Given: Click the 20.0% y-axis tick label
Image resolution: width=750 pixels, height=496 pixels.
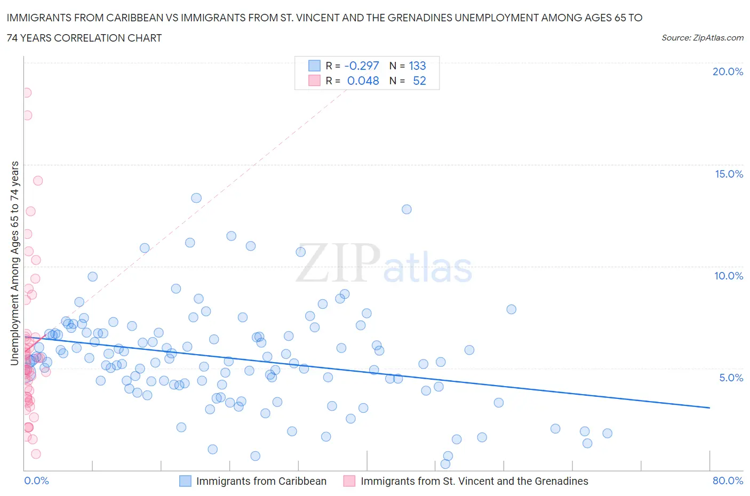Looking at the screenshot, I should (728, 71).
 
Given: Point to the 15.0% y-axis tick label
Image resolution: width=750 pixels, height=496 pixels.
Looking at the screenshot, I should (729, 174).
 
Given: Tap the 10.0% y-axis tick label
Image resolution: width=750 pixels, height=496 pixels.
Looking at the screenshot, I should (729, 276).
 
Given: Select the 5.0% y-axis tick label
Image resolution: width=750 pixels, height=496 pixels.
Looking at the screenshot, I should (731, 378).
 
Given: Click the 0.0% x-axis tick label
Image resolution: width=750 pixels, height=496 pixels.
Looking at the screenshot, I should (36, 481).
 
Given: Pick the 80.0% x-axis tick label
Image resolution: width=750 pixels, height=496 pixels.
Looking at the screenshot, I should (728, 481).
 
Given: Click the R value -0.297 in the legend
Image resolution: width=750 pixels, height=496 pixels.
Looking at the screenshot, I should (362, 66).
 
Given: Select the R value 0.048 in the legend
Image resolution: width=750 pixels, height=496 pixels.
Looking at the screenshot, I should (363, 81).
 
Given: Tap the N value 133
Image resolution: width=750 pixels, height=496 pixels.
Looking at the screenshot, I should (417, 66).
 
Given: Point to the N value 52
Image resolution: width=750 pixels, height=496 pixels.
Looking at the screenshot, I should (419, 81).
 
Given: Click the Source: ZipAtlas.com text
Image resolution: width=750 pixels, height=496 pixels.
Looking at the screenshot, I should (702, 37).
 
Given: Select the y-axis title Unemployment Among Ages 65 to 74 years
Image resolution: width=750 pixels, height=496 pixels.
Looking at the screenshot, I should (15, 263).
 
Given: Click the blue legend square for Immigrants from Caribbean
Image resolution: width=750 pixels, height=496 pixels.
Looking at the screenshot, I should (185, 481).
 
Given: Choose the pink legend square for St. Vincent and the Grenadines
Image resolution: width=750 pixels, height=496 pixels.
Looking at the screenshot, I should (349, 481).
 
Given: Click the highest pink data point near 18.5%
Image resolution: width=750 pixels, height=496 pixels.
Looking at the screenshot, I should (26, 93).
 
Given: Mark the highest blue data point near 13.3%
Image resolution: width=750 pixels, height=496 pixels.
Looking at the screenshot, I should (196, 198).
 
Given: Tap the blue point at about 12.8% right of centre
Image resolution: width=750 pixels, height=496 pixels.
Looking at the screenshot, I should (406, 209).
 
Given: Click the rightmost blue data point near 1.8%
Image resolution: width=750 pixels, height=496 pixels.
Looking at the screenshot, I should (607, 433).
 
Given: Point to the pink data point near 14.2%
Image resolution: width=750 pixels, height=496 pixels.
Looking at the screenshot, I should (38, 181).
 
